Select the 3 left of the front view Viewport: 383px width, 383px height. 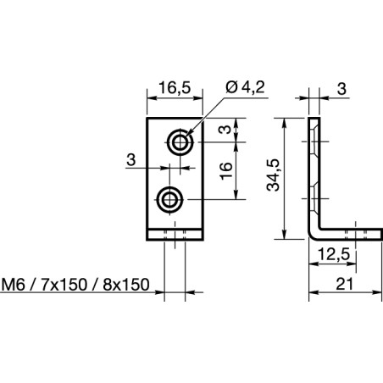[130, 158]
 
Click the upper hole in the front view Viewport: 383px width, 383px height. [179, 142]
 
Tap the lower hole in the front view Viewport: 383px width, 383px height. [170, 200]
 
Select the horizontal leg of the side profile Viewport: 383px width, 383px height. [347, 235]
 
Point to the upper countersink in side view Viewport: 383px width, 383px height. [314, 142]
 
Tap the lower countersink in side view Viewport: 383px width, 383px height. [314, 200]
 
